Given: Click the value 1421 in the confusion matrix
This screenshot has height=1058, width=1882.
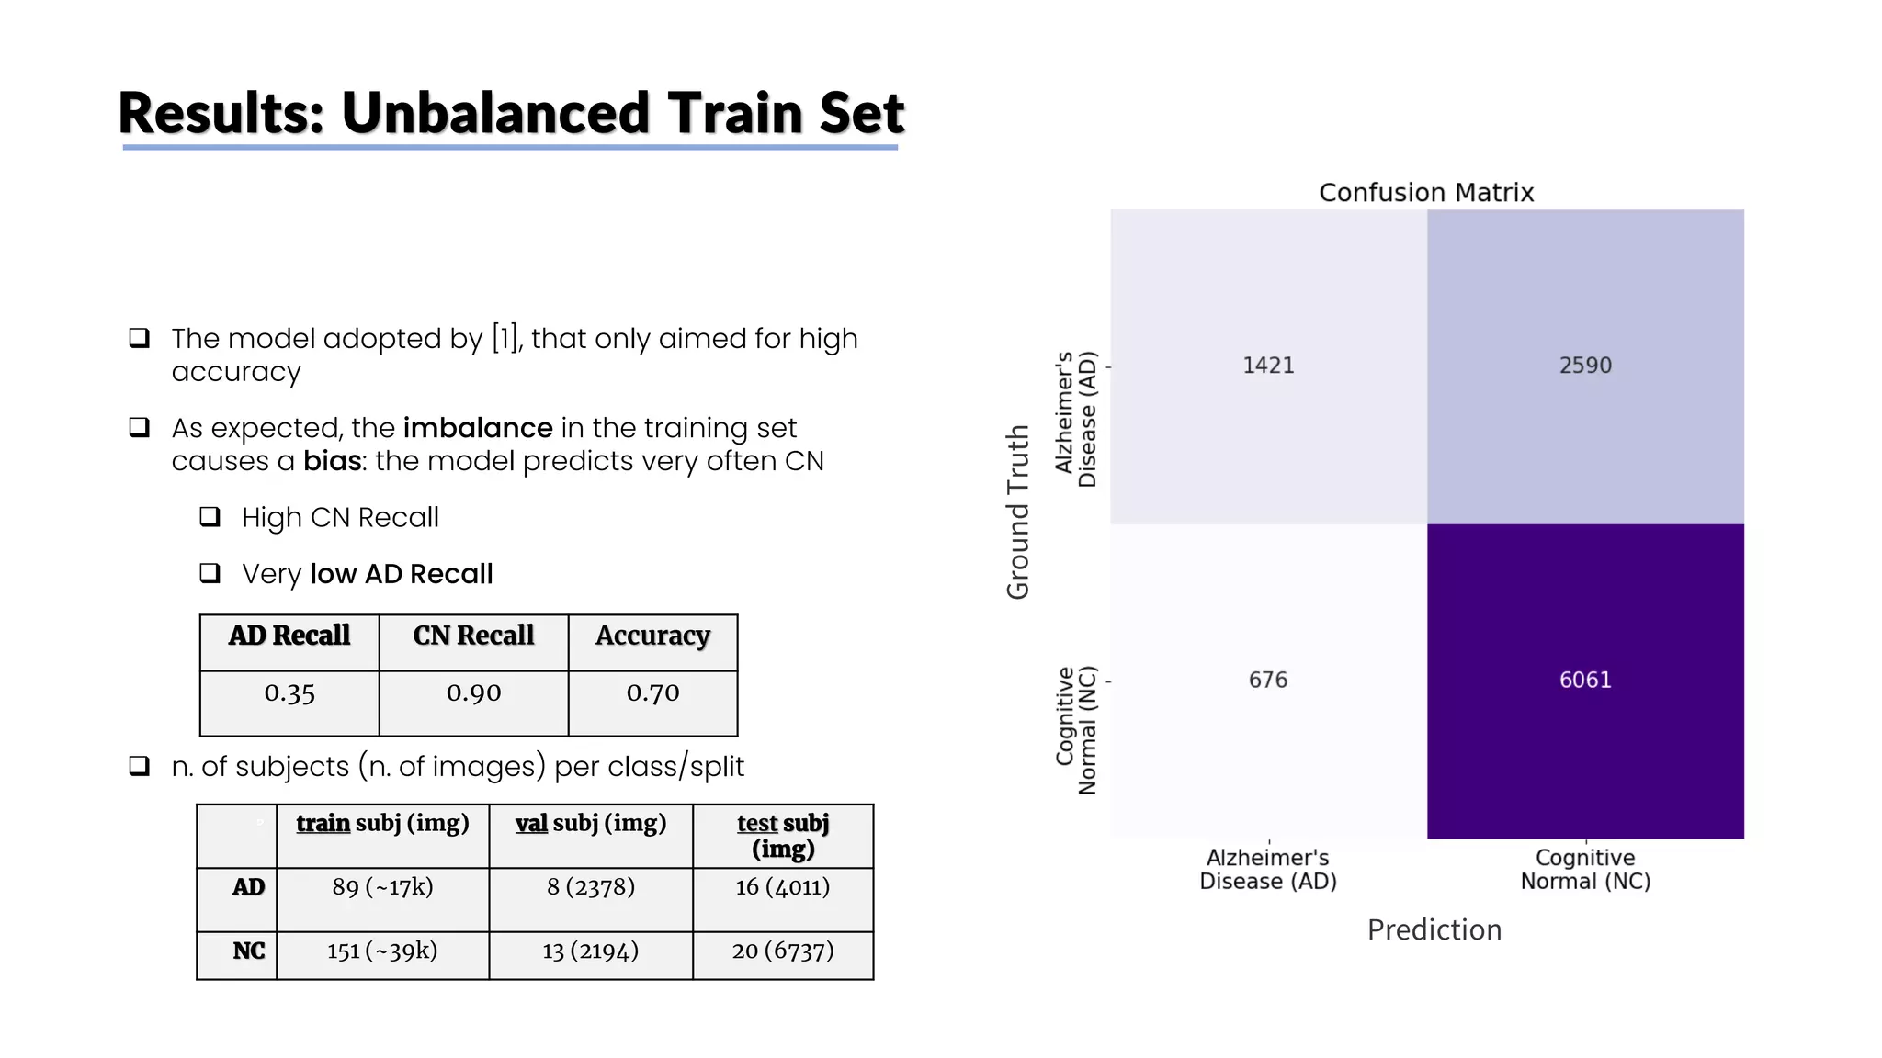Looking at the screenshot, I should click(1268, 366).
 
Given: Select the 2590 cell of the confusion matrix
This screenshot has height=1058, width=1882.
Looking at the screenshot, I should click(1585, 366).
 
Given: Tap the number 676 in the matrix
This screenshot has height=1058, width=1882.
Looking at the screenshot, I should click(1268, 681).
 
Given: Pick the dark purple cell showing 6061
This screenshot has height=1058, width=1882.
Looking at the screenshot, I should click(1585, 681).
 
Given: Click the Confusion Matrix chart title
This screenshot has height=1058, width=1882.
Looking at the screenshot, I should click(1426, 193).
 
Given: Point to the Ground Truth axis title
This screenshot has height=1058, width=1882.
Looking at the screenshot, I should click(1017, 512).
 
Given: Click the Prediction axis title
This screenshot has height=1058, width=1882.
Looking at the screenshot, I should click(1434, 930).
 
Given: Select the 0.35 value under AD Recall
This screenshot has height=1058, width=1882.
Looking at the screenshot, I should click(289, 693).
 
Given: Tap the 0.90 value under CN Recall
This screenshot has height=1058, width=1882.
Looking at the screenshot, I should click(473, 693).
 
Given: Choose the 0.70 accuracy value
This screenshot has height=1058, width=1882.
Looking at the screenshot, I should click(652, 693).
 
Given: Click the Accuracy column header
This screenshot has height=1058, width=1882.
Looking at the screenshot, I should click(652, 636).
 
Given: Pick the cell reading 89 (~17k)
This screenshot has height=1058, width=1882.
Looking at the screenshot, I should click(382, 887).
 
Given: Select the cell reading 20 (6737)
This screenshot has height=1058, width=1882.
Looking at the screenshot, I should click(783, 951).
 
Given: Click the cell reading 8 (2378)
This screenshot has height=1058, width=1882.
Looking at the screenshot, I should click(591, 887).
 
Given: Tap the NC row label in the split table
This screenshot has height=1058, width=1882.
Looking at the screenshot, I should click(248, 951).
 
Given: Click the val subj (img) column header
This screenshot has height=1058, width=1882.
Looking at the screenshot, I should click(591, 823).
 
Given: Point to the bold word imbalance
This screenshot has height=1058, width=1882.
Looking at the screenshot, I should click(478, 428).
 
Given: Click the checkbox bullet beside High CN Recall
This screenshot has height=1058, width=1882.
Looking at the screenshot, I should click(210, 517).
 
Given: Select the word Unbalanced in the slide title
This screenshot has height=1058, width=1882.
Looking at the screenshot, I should click(495, 113).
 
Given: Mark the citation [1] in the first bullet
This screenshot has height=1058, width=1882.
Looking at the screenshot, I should click(506, 339).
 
